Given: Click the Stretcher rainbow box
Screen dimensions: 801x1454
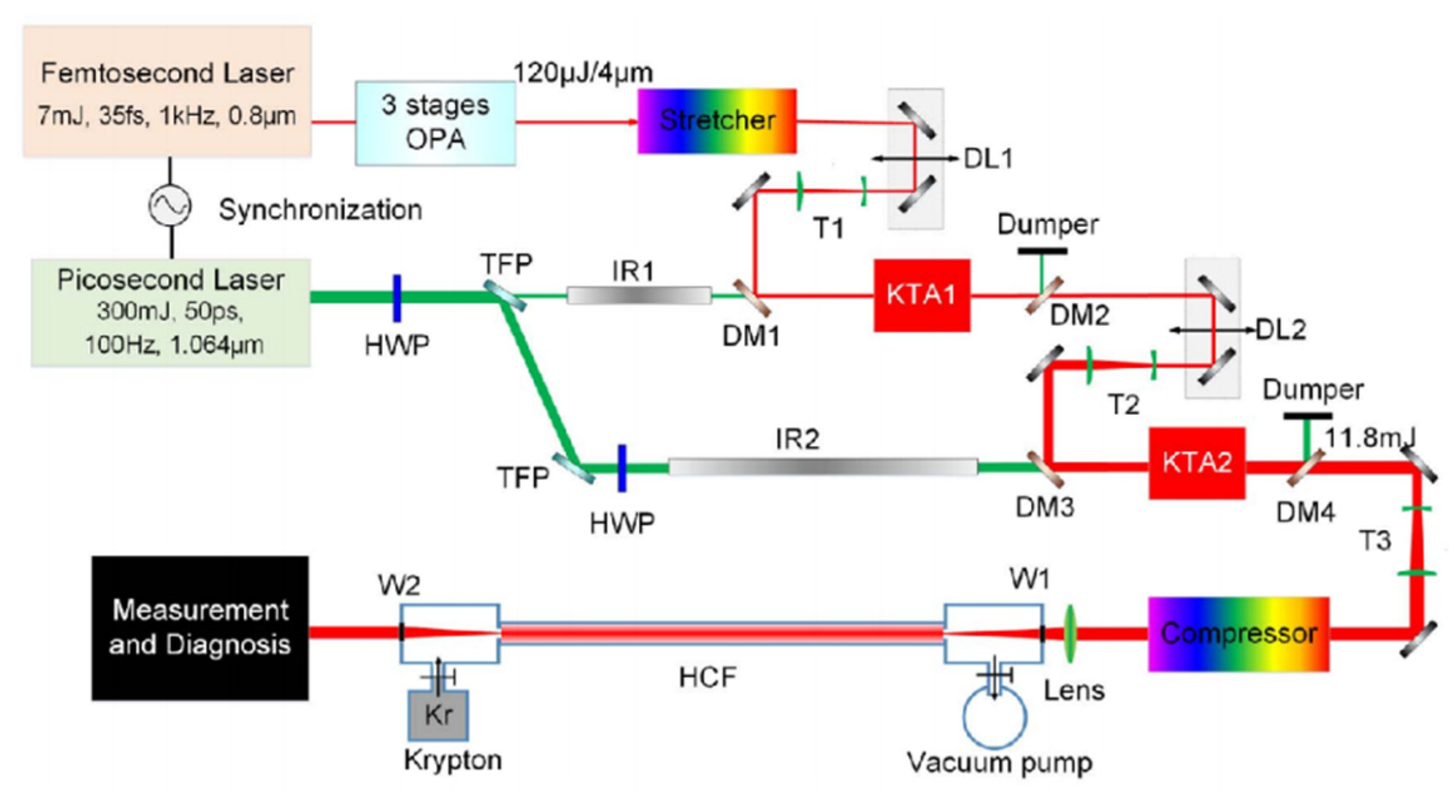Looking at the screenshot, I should [717, 121].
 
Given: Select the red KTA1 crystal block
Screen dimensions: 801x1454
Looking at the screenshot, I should [921, 295].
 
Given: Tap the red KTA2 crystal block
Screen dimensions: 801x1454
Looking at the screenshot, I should [1196, 463].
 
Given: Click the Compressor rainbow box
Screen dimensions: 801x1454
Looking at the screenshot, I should [1237, 634].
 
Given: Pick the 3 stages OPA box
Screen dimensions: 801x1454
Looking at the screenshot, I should [435, 123].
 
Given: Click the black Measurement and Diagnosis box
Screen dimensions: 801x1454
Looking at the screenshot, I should [200, 628].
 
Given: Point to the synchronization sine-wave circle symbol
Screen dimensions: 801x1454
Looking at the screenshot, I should [170, 206].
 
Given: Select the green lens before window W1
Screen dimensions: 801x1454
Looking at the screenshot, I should [1069, 633].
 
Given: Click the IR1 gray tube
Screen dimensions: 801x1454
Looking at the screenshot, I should [638, 296].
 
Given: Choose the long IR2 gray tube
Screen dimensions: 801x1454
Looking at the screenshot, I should [822, 467].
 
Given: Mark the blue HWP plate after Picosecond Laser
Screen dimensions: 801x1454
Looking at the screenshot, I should [397, 298].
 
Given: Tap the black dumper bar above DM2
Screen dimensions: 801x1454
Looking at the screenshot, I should [1042, 251].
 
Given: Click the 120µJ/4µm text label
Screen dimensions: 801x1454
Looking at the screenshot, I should [583, 73].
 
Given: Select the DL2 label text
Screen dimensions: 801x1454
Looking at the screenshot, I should [1281, 330].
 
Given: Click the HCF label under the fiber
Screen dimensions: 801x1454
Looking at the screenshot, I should [707, 677].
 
